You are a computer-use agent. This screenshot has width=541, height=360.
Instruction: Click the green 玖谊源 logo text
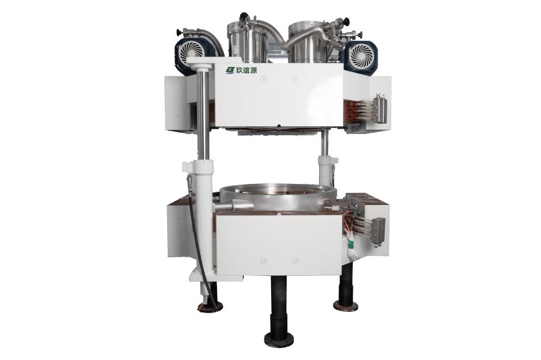pyautogui.click(x=246, y=70)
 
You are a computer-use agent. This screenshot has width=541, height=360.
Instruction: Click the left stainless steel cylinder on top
pyautogui.click(x=248, y=43)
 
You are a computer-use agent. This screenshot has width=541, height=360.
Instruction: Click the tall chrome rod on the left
pyautogui.click(x=203, y=114)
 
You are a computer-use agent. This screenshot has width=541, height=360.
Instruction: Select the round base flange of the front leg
pyautogui.click(x=279, y=340)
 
